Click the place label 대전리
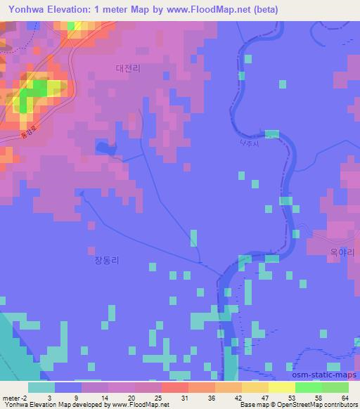[x=129, y=68]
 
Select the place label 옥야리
[x=342, y=251]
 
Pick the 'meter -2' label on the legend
[x=16, y=398]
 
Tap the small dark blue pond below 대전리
[x=105, y=148]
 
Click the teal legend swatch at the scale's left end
[x=41, y=387]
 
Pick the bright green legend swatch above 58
[x=308, y=387]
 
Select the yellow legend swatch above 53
[x=281, y=387]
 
